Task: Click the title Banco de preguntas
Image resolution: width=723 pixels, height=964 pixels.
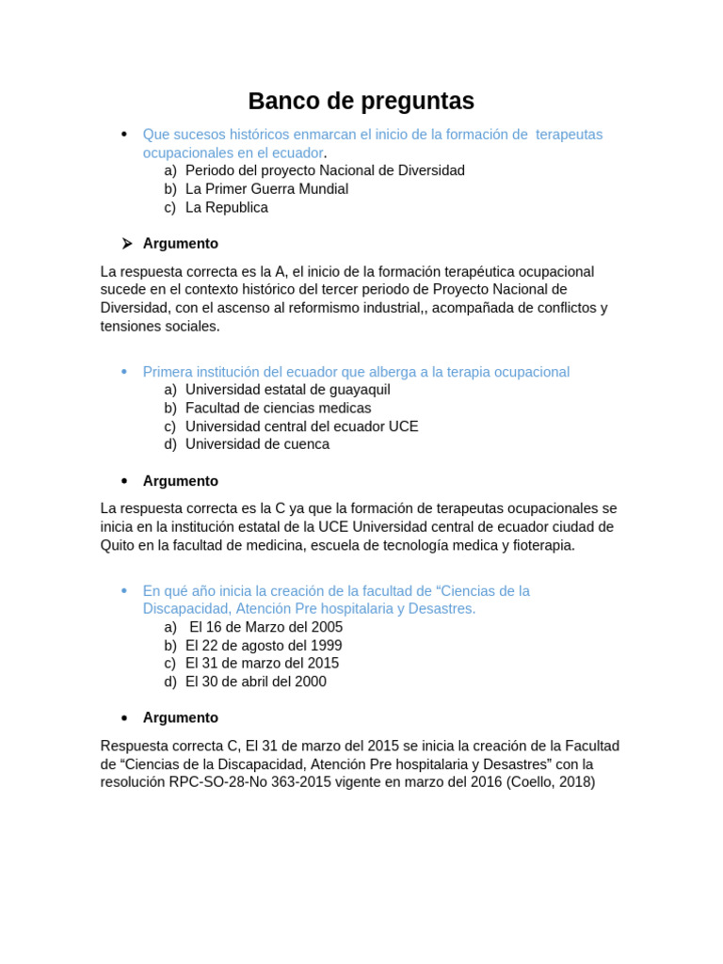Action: tap(361, 101)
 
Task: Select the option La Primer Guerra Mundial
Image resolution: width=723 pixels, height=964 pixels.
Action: tap(266, 189)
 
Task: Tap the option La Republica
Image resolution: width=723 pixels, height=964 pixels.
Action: tap(226, 207)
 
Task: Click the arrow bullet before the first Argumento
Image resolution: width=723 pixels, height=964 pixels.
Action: tap(125, 244)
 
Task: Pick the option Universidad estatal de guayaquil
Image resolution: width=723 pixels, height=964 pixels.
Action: tap(287, 390)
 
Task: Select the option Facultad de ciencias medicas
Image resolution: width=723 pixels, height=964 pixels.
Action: tap(278, 409)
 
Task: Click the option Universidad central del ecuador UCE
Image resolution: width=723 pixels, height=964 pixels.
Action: tap(301, 426)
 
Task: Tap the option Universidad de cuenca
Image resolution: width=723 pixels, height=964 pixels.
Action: tap(257, 444)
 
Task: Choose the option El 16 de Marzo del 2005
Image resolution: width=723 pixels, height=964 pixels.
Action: tap(265, 627)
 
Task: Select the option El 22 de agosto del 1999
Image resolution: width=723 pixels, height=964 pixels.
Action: tap(264, 646)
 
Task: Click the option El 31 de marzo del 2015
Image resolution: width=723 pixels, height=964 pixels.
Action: tap(262, 664)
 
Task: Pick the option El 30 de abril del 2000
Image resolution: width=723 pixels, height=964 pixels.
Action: tap(255, 682)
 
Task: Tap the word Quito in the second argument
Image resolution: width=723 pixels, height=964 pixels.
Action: tap(119, 545)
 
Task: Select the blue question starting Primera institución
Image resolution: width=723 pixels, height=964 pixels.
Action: tap(356, 372)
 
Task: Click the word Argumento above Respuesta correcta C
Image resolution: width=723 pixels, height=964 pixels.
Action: tap(180, 718)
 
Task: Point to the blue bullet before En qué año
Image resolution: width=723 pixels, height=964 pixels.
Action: tap(124, 590)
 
